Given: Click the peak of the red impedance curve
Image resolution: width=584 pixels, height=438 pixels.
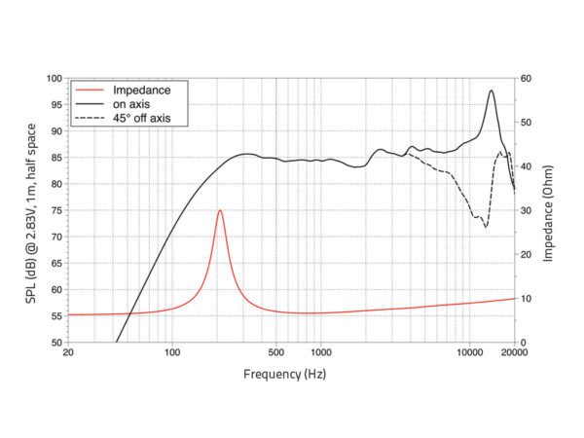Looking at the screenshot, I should (x=220, y=210).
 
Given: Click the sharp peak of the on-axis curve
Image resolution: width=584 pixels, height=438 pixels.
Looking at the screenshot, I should (x=492, y=91).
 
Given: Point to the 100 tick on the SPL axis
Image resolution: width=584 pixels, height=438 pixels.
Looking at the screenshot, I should (x=55, y=78).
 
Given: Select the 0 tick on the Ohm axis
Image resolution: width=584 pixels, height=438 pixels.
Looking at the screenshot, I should (x=522, y=343).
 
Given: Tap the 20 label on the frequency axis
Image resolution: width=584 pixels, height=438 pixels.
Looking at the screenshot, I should (x=67, y=353).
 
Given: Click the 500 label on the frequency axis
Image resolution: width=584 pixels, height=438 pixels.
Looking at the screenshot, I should (x=275, y=353).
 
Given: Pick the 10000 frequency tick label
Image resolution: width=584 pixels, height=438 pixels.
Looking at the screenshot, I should (x=469, y=353).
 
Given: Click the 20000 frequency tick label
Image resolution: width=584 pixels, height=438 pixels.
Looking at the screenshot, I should (x=514, y=353).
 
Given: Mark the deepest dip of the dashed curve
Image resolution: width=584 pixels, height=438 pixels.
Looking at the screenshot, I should (x=486, y=227).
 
